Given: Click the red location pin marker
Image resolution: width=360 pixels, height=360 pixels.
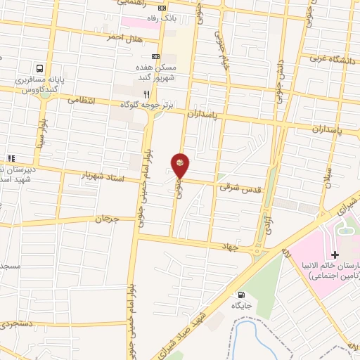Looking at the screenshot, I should click(x=181, y=165).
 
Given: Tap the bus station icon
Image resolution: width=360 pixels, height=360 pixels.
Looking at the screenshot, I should click(x=40, y=70).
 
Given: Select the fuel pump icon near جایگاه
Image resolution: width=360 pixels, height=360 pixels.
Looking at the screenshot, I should click(x=243, y=295).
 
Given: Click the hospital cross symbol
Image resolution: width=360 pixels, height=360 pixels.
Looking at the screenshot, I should click(x=335, y=254).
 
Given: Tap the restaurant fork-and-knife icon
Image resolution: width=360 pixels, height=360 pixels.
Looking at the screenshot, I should click(x=146, y=94).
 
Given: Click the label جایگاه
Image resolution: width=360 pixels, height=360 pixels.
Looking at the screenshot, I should click(x=243, y=307).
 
